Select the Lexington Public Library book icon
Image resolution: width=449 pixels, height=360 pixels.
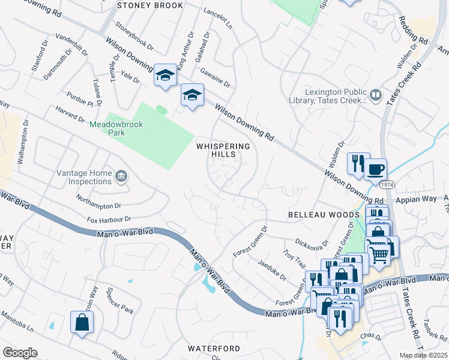click(376, 95)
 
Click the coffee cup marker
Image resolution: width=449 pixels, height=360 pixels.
click(376, 169)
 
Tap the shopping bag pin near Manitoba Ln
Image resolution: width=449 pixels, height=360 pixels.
click(81, 322)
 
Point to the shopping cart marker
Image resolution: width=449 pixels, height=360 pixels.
click(378, 254)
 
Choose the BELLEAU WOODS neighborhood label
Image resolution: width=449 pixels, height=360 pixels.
click(315, 214)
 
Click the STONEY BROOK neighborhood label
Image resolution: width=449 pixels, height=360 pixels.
click(150, 5)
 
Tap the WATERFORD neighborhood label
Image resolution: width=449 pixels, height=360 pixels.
click(214, 349)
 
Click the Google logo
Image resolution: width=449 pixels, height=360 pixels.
click(20, 353)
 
